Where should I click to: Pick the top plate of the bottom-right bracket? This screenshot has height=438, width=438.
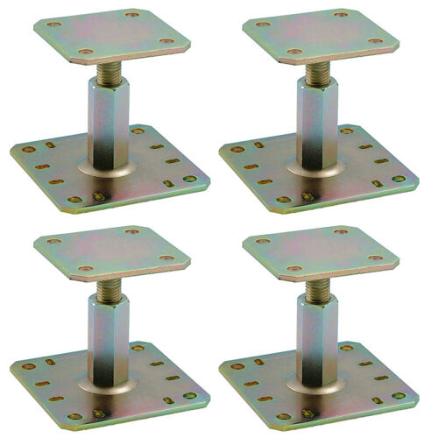(x=321, y=251)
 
